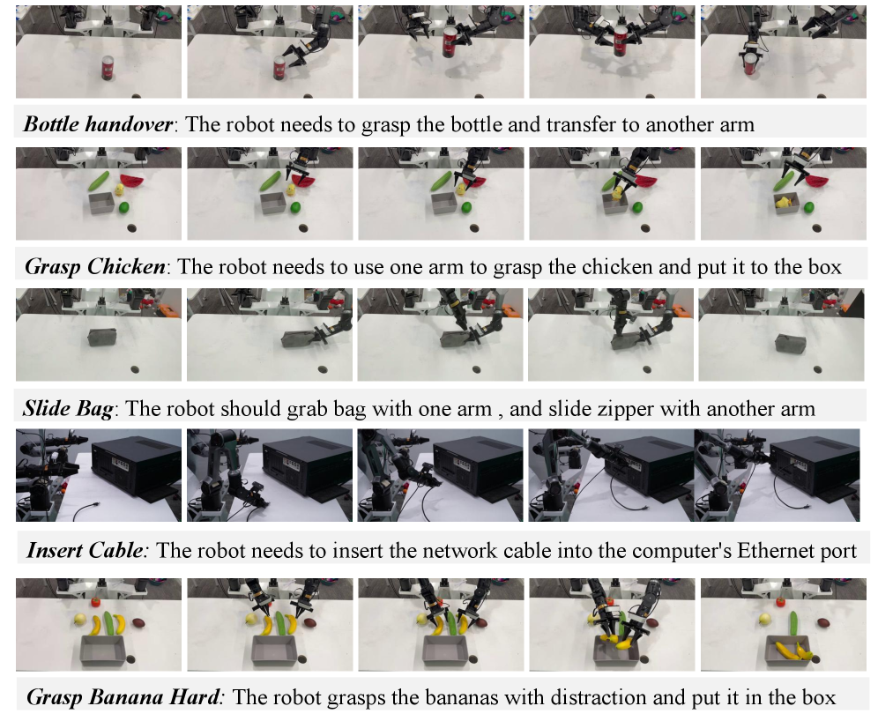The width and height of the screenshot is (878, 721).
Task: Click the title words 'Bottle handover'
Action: click(98, 124)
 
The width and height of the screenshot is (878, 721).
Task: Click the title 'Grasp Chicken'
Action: click(95, 266)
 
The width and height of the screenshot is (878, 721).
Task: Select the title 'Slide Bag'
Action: click(68, 409)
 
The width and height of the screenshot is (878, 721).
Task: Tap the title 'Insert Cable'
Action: click(86, 550)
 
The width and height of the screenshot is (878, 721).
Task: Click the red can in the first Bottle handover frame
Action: click(108, 68)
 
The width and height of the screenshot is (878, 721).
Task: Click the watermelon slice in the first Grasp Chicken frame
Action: click(134, 182)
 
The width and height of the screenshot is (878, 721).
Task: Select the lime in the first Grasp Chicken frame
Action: click(124, 208)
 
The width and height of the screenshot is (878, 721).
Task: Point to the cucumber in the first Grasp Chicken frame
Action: click(100, 181)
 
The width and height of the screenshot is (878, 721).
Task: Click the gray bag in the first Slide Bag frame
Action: click(102, 337)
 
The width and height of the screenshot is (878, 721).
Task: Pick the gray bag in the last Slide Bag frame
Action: click(790, 343)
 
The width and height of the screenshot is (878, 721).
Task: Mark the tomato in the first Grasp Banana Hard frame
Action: click(97, 603)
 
